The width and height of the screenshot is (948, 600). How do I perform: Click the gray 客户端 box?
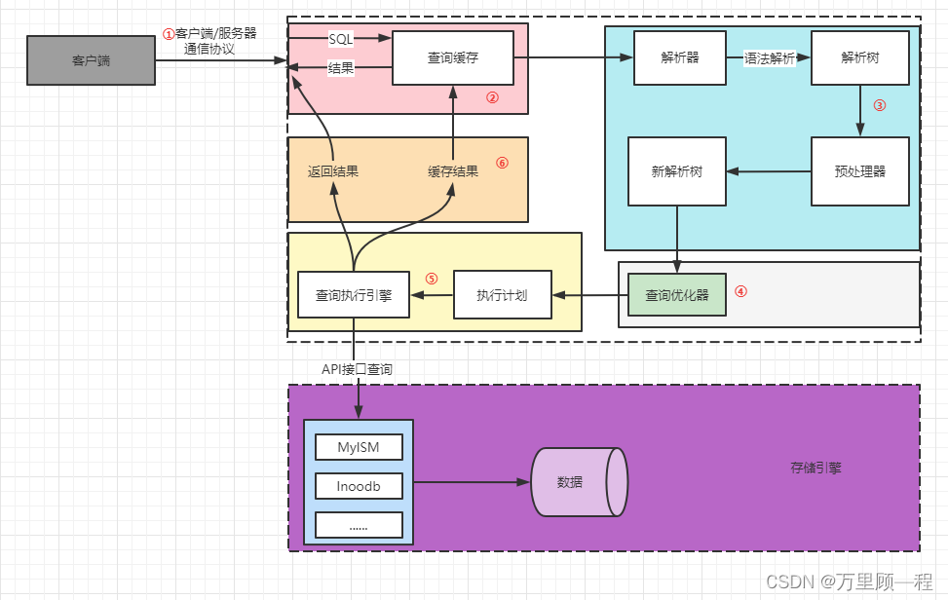pos(91,60)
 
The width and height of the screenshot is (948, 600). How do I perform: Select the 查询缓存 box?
pos(453,58)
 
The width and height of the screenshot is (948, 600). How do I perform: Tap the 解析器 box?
pos(679,57)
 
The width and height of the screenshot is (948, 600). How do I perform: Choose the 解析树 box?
pos(860,57)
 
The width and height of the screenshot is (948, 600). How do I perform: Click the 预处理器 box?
pos(860,171)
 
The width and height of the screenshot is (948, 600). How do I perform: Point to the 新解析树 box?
pos(677,171)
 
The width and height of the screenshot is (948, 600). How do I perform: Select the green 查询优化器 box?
pos(677,295)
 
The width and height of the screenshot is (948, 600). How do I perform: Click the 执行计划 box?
pos(502,295)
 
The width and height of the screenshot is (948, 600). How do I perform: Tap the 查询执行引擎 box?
pos(354,295)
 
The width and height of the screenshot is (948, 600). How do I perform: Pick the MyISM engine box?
pos(359,447)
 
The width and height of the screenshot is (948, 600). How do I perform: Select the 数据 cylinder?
pos(577,482)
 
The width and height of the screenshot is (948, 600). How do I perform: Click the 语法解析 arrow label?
pos(770,58)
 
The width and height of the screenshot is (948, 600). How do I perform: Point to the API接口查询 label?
pos(358,369)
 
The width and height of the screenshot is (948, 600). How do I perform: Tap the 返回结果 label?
pos(333,171)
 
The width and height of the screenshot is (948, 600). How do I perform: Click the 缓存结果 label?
pos(453,171)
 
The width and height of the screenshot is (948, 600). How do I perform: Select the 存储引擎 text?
pos(815,468)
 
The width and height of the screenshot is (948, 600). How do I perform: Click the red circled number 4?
pos(740,290)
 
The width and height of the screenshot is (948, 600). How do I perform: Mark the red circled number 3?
pos(880,105)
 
